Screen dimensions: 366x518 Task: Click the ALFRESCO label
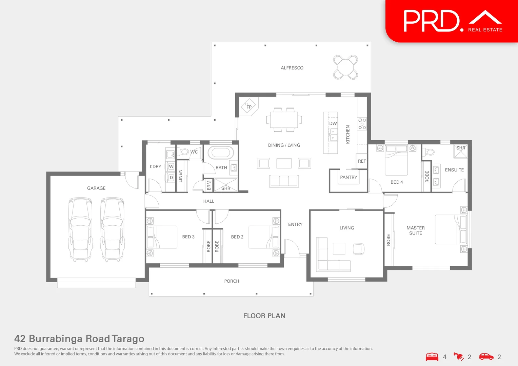292,68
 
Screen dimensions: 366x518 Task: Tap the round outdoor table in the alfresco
345,67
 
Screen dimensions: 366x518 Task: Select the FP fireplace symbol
249,107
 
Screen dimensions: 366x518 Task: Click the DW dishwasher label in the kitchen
333,123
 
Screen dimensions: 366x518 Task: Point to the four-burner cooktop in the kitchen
362,124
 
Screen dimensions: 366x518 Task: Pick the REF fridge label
362,161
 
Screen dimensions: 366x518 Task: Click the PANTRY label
348,177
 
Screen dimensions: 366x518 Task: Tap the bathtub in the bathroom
220,153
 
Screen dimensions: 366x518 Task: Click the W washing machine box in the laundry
171,166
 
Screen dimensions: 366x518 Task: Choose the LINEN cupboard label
180,176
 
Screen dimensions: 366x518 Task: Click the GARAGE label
96,188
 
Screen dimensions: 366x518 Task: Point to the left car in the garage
80,229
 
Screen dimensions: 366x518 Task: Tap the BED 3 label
188,237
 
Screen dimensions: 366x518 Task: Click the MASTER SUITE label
416,230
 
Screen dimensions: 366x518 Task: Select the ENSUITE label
454,170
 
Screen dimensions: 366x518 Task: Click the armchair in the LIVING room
358,249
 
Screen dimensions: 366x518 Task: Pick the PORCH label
232,281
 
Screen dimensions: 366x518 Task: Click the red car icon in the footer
486,357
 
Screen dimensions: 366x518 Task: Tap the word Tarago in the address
128,339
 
